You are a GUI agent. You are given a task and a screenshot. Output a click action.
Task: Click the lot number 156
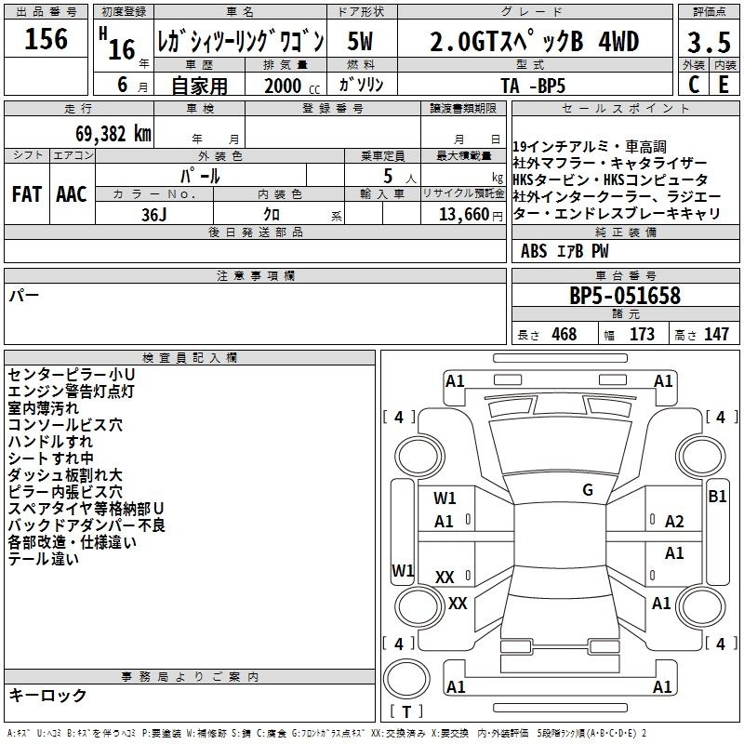46,38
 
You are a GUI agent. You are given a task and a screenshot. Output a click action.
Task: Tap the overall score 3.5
709,42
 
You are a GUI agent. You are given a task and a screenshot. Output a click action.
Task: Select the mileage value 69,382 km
113,134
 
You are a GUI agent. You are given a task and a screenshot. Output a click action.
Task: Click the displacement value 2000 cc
292,86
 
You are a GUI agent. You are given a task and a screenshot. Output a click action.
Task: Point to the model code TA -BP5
533,86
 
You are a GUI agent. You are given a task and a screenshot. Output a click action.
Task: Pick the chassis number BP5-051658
625,296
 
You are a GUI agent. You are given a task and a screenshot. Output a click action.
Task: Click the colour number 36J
154,215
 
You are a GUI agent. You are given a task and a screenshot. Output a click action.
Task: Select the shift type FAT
27,194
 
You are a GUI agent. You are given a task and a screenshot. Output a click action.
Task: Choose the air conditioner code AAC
72,194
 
